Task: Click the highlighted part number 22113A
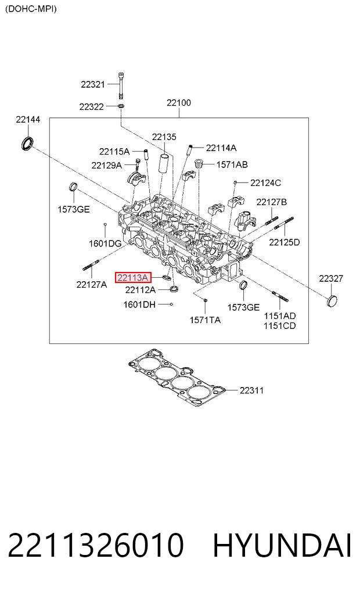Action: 133,278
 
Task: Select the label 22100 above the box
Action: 178,102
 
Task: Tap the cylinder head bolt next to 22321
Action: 121,85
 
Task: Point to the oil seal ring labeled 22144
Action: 27,144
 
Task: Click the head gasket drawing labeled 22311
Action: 177,377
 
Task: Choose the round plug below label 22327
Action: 332,301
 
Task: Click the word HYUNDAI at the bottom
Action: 282,546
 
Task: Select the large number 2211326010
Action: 96,546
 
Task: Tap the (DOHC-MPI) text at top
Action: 31,9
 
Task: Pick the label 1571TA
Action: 205,320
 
